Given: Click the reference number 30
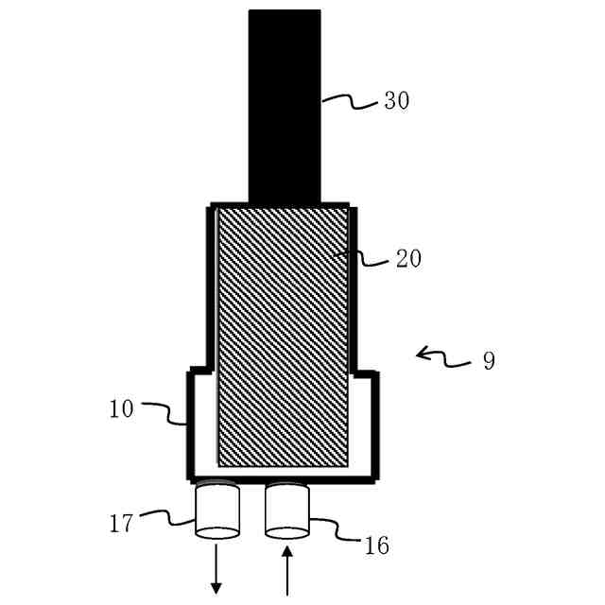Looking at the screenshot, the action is point(396,101).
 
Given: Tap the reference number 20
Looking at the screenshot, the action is point(408,258).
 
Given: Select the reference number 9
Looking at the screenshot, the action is point(488,361).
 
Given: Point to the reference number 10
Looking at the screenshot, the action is point(122,409).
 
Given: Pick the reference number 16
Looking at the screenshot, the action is point(375,545).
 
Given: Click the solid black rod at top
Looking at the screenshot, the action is point(285,104).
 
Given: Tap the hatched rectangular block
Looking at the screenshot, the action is point(284,336).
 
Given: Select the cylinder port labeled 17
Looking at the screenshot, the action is point(216,511).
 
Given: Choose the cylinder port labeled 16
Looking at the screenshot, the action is point(287,510).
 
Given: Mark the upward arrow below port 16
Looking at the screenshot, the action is point(287,572).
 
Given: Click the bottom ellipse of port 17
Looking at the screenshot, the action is point(216,532).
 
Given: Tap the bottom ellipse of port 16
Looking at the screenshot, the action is point(287,532).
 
